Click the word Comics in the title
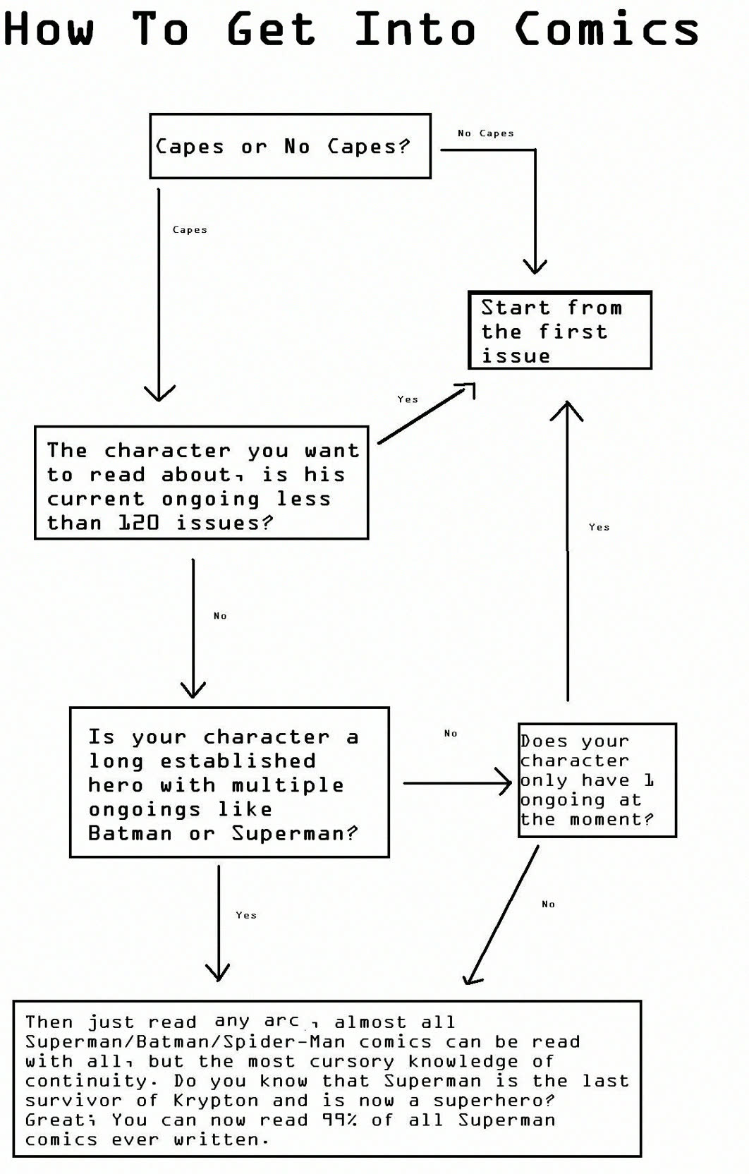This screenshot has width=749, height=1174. coord(607,29)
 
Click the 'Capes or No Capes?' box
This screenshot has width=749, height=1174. coord(290,146)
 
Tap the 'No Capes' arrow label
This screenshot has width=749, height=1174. coord(485,133)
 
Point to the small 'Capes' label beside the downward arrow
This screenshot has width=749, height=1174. coord(190,229)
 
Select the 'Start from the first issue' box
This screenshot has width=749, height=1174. coord(560,330)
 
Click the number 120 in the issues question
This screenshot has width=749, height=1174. coord(138,523)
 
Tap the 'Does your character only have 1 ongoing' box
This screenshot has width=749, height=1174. coord(597,780)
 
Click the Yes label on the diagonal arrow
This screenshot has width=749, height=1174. coord(408,399)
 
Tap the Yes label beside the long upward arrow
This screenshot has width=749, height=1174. coord(599,527)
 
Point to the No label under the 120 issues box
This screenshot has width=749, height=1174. coord(220,616)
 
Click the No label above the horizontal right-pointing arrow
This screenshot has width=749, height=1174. coord(451,733)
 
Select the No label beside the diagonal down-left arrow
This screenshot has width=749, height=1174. coord(549,904)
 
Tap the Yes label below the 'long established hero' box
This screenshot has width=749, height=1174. coord(246,915)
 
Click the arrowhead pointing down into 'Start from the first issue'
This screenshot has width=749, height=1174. coord(535,266)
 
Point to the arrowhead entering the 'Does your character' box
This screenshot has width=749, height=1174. coord(504,783)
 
